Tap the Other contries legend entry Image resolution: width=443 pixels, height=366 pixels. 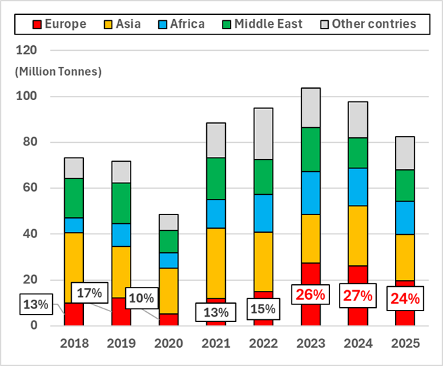click(x=366, y=25)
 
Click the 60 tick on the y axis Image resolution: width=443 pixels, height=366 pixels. click(x=28, y=188)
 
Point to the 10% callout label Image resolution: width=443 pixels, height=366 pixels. click(x=142, y=298)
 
